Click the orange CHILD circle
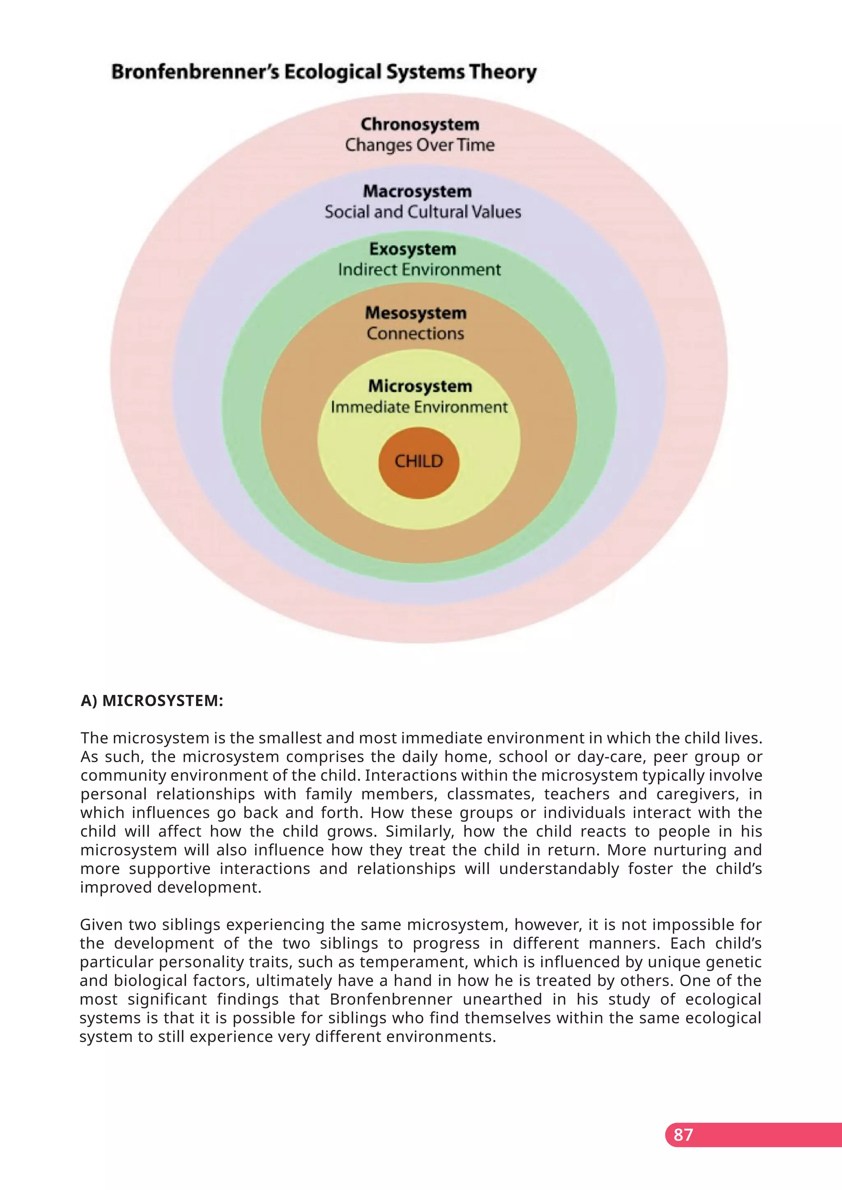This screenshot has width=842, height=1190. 419,462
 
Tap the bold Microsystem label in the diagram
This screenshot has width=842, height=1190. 420,386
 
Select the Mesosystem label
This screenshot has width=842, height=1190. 416,313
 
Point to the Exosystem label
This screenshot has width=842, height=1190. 413,249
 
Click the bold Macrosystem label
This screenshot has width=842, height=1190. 417,191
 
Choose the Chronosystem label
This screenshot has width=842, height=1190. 420,125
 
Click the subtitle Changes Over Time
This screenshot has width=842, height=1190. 420,145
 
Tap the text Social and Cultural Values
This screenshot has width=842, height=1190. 423,212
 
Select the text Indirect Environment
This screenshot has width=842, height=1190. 419,270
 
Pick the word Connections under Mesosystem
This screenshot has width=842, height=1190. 415,333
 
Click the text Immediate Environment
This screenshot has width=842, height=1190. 419,407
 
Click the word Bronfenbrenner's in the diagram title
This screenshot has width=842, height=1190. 195,71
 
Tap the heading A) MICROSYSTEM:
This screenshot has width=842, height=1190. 152,701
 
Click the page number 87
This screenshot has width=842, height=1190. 683,1135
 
